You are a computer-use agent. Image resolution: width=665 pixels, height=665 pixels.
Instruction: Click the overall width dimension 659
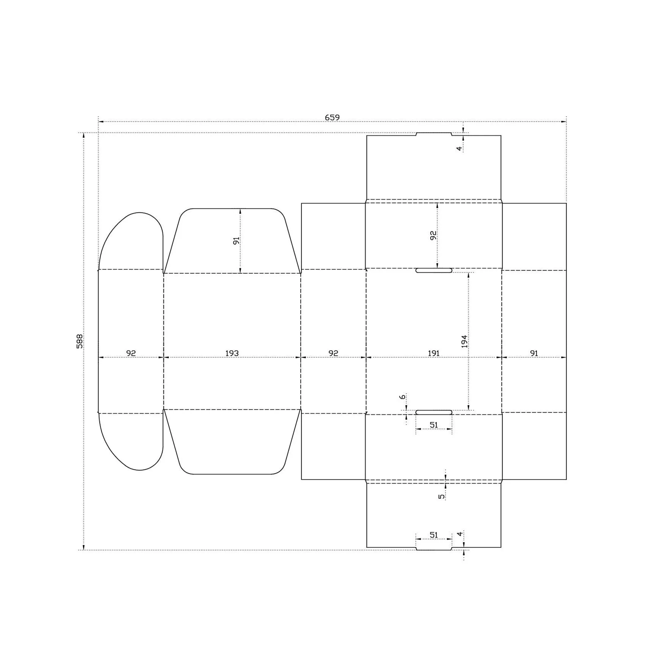[332, 117]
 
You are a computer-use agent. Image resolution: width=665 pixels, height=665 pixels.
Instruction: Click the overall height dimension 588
[79, 341]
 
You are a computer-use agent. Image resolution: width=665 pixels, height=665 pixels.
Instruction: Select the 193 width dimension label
[232, 353]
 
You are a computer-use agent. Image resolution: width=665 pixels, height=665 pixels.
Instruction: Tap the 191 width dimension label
[434, 353]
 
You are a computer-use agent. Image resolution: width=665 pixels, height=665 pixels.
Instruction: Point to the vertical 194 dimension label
[464, 341]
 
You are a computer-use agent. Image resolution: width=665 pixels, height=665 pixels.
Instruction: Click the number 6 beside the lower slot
[402, 397]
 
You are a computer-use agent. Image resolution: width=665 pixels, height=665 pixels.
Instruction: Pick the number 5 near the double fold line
[442, 497]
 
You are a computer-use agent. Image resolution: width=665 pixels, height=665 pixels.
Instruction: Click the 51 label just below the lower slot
[434, 425]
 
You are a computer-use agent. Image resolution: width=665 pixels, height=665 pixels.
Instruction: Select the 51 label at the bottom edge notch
[434, 535]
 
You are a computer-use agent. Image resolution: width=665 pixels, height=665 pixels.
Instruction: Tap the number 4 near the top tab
[459, 149]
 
